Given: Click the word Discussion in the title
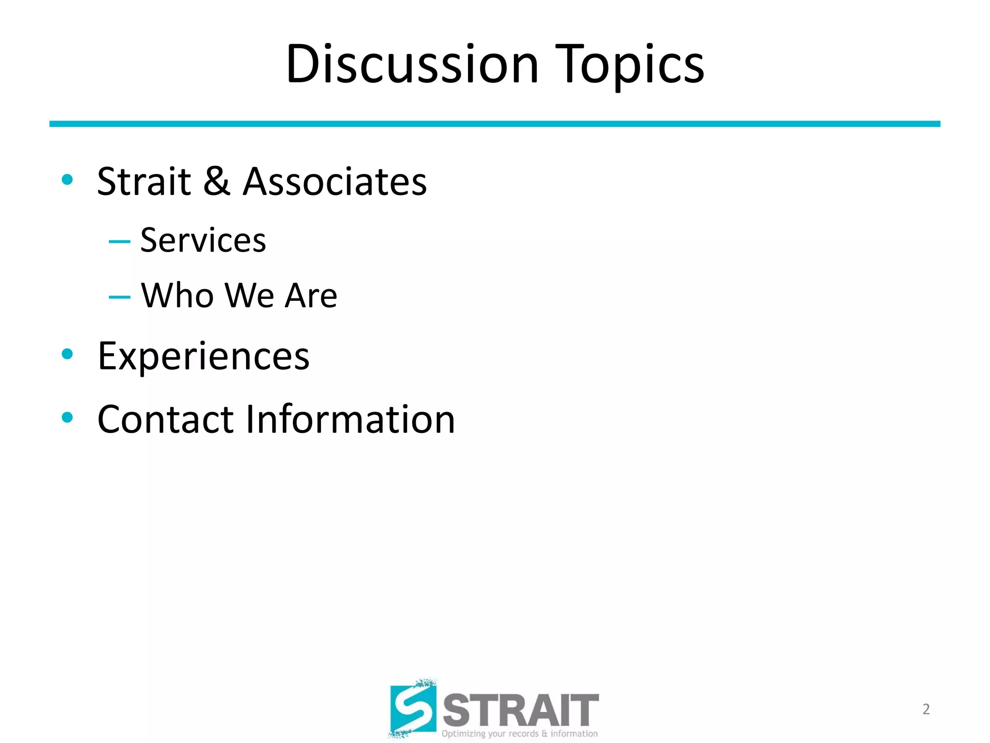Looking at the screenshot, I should point(412,64).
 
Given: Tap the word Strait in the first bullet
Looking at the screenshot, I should point(144,181).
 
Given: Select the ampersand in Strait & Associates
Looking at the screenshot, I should point(217,181).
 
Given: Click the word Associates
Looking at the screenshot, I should point(335,181).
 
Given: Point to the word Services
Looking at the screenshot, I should point(203,240).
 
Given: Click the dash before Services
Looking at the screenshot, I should point(119,241).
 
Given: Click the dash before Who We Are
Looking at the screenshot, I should point(119,297).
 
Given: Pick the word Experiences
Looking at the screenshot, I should point(203,357).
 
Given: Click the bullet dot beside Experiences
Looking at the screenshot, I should point(67,354).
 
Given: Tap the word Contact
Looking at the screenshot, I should point(165,419).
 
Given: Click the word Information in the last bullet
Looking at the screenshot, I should point(350,419).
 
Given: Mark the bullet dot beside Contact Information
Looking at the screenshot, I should point(67,417).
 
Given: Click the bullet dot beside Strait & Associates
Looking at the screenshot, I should point(67,180).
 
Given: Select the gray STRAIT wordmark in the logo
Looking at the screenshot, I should point(521,710).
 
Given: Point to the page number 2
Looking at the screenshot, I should point(926,709).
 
